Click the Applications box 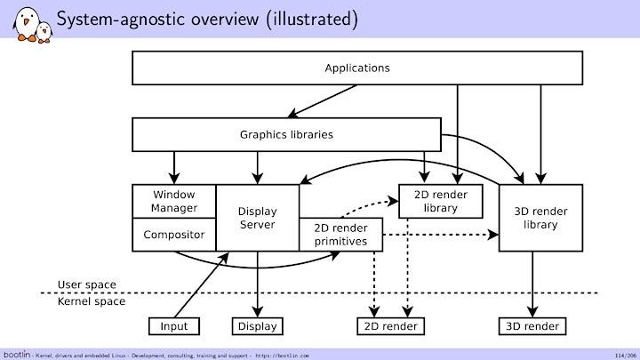click(357, 68)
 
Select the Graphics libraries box click(286, 135)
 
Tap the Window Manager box click(174, 201)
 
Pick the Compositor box click(174, 235)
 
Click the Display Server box click(257, 218)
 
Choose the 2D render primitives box click(340, 235)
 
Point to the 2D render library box click(440, 201)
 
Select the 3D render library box click(540, 218)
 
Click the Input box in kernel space click(174, 326)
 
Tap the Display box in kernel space click(257, 326)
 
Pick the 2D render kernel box click(390, 326)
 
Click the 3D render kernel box click(532, 326)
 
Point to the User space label click(86, 284)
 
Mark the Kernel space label click(91, 301)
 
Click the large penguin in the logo click(26, 25)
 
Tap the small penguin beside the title click(44, 33)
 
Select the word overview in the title click(225, 20)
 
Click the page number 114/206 click(625, 356)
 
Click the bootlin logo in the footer click(17, 355)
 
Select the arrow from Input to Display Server click(201, 285)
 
